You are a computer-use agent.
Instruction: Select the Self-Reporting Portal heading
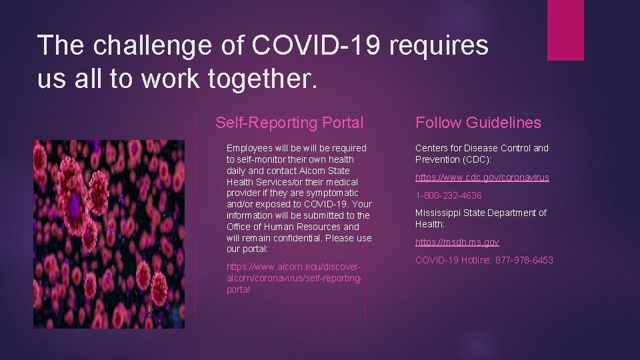[289, 123]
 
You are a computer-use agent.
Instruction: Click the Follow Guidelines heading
[478, 123]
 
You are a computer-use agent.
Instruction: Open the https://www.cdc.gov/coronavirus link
[482, 177]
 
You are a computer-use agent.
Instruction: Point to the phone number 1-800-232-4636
[448, 195]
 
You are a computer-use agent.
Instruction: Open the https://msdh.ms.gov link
[457, 242]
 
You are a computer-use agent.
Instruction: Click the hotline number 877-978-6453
[524, 260]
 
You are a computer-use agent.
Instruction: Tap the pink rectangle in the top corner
[565, 30]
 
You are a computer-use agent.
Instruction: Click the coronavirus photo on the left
[109, 234]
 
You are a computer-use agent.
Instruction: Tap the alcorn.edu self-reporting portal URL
[295, 278]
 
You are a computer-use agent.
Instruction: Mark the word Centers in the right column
[432, 148]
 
